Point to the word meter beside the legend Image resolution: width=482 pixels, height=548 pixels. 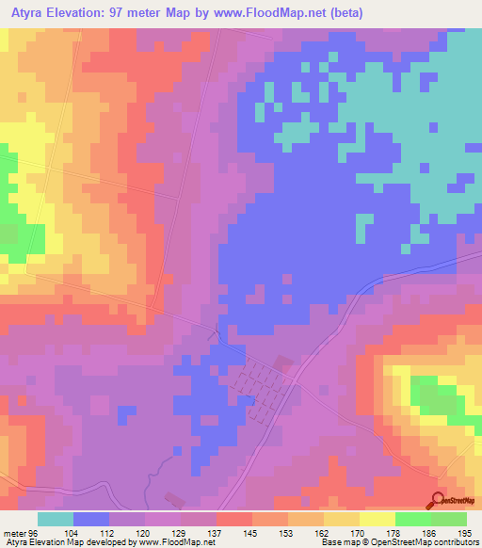point(17,533)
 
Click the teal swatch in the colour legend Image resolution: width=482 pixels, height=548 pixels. point(56,519)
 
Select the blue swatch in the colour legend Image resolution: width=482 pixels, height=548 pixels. point(91,519)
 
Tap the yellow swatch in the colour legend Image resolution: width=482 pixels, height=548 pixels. point(377,519)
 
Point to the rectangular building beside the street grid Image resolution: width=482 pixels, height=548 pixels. point(283,363)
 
